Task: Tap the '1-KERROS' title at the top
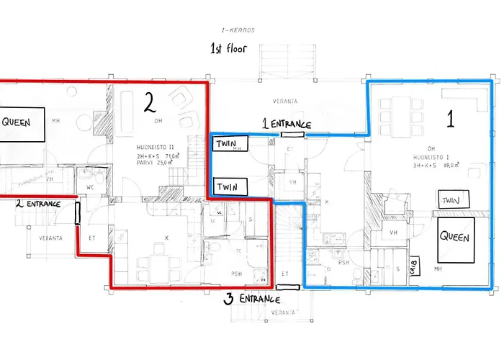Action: coord(240,30)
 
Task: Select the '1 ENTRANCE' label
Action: coord(286,125)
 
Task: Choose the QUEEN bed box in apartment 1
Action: coord(455,238)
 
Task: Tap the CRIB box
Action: coord(415,266)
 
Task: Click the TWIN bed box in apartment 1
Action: coord(451,199)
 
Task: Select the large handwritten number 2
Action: coord(149,104)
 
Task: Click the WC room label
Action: coord(90,188)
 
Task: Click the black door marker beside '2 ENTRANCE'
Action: coord(76,213)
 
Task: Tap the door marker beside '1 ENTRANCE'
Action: coord(292,134)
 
